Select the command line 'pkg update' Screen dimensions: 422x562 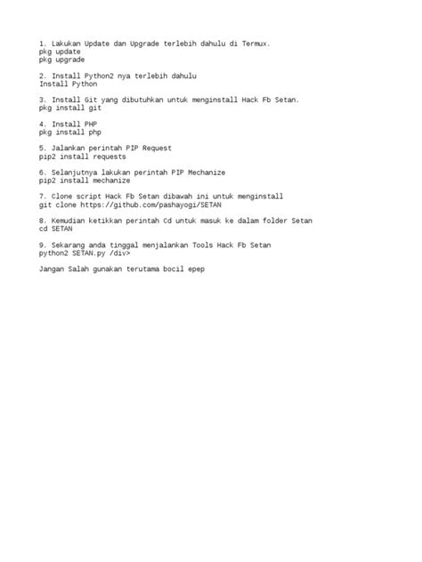(x=60, y=52)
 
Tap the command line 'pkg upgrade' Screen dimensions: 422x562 (x=61, y=60)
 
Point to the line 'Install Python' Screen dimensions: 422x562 (x=68, y=84)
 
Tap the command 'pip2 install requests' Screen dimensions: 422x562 (x=83, y=156)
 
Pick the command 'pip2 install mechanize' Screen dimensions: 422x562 (x=85, y=180)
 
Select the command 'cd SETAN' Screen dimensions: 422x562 (x=56, y=228)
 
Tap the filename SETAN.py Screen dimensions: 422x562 (x=91, y=252)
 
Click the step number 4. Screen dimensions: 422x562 (x=42, y=124)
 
